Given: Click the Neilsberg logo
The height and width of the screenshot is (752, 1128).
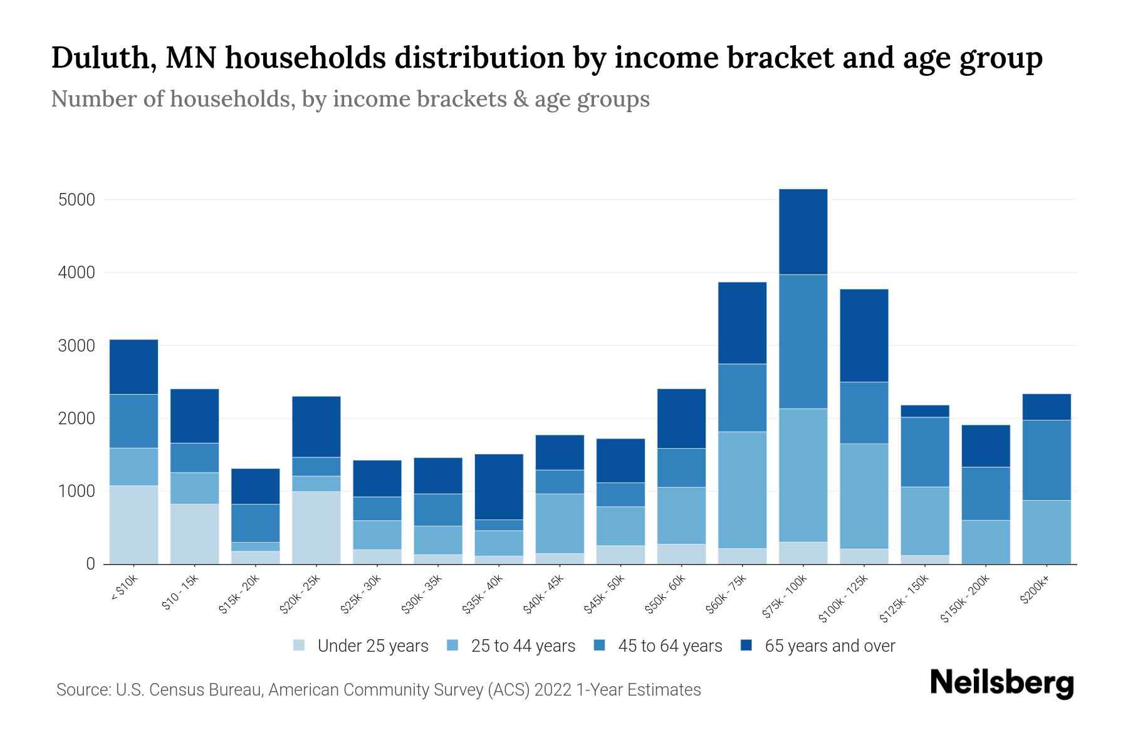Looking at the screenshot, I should pos(1001,682).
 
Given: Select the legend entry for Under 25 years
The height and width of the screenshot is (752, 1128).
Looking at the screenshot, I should pos(372,646).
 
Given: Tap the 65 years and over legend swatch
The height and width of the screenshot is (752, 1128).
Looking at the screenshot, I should pos(746,645).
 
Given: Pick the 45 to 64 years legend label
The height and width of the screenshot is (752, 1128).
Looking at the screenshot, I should pos(669,646).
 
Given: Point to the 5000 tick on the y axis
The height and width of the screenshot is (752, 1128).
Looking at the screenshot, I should pos(76,200).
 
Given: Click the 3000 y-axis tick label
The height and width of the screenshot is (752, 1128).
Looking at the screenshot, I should pos(76,346).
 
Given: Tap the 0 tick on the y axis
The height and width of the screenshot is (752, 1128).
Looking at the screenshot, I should pos(90,564).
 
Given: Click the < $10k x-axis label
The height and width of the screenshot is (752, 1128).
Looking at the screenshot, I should pos(124,589).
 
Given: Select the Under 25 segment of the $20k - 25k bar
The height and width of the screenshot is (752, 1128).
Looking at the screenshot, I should pos(316,528).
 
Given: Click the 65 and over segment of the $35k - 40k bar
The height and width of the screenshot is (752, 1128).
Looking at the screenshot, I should pos(499,486).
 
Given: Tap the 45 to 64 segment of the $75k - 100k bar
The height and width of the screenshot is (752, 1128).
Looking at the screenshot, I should pos(803,342).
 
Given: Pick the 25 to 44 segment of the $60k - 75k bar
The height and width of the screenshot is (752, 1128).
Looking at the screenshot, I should pos(742,489).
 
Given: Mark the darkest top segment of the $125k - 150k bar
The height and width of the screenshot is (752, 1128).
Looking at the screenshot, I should pos(924,411).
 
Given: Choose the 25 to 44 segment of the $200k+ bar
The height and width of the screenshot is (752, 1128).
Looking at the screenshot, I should pos(1046,531).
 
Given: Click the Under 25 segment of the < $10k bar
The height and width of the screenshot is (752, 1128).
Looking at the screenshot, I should pos(133,525).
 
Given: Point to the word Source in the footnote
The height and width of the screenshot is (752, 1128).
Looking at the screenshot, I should pos(83,690).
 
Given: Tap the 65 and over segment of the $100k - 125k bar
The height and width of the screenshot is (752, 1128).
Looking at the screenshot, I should pos(864,335).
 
